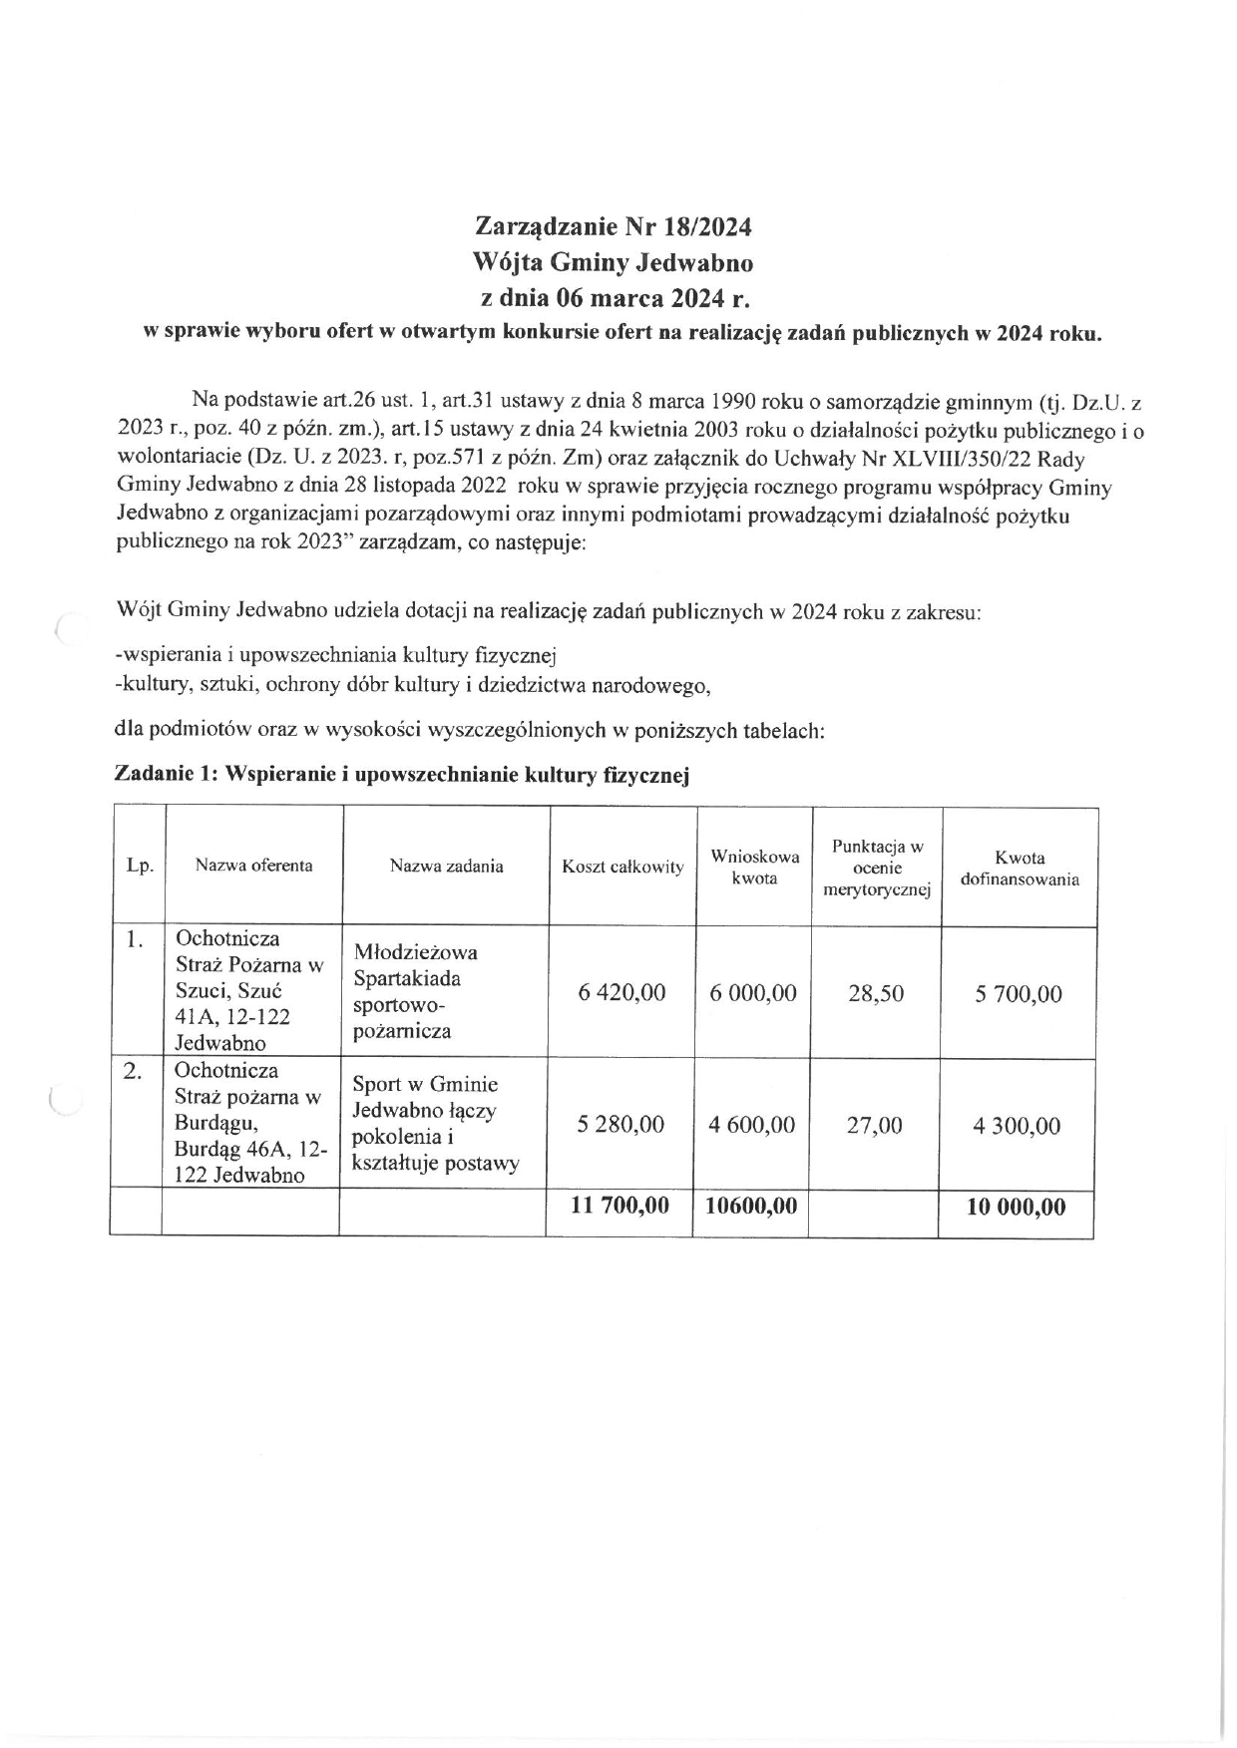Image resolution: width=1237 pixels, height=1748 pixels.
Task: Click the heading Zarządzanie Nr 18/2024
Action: click(613, 227)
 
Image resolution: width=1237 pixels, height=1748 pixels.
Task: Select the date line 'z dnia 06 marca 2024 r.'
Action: click(613, 298)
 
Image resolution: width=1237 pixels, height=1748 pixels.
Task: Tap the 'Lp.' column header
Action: click(140, 866)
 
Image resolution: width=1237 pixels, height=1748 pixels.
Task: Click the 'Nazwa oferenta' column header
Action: click(253, 866)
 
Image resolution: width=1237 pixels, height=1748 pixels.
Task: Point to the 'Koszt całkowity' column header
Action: click(622, 867)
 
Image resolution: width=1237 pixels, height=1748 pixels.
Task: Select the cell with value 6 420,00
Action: click(621, 993)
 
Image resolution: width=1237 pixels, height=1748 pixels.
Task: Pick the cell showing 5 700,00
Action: click(1018, 994)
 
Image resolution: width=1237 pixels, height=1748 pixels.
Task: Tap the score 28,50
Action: click(876, 994)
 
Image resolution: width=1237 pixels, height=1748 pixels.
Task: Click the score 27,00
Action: click(874, 1126)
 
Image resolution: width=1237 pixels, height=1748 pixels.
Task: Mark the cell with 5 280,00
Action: click(620, 1125)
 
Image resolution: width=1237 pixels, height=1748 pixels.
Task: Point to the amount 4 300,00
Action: click(1017, 1127)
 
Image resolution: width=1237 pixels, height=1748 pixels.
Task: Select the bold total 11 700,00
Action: click(619, 1206)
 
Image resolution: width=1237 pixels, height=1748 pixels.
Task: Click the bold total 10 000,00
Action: click(1016, 1208)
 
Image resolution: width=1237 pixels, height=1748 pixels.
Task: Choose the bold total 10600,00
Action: click(751, 1206)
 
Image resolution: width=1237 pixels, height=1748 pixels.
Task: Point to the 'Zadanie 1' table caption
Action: click(402, 775)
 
